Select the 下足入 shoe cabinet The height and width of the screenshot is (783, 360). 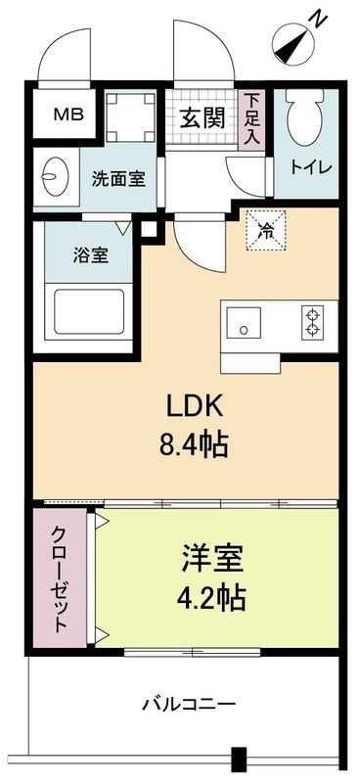[252, 117]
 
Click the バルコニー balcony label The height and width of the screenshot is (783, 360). [188, 703]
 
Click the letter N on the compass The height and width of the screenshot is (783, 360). [318, 17]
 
